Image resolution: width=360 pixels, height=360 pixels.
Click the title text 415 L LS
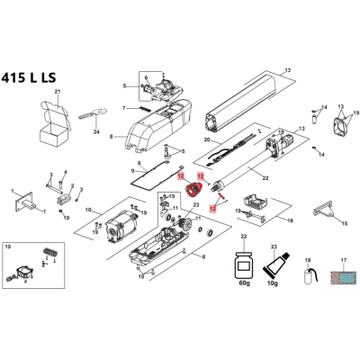pyautogui.click(x=29, y=78)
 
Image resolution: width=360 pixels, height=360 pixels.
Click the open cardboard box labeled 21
pyautogui.click(x=56, y=122)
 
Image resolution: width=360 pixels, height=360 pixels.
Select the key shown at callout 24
pyautogui.click(x=94, y=113)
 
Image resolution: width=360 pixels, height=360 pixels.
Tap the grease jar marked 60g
pyautogui.click(x=244, y=265)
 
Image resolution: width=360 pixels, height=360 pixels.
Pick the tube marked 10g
pyautogui.click(x=276, y=264)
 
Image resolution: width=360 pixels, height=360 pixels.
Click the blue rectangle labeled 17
pyautogui.click(x=343, y=278)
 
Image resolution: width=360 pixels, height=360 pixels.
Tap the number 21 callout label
pyautogui.click(x=58, y=91)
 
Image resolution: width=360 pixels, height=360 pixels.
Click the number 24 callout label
pyautogui.click(x=96, y=131)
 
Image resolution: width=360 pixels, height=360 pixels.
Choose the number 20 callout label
pyautogui.click(x=207, y=139)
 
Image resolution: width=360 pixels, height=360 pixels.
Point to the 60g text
pyautogui.click(x=244, y=283)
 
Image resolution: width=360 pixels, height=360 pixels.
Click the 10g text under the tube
pyautogui.click(x=273, y=283)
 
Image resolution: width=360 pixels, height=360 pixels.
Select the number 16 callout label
pyautogui.click(x=291, y=220)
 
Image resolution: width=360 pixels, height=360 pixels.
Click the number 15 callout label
pyautogui.click(x=344, y=223)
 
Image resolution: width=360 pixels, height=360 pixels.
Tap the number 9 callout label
pyautogui.click(x=133, y=171)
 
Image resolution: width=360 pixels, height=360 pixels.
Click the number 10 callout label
pyautogui.click(x=88, y=210)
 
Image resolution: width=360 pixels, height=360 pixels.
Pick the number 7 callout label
pyautogui.click(x=123, y=108)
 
